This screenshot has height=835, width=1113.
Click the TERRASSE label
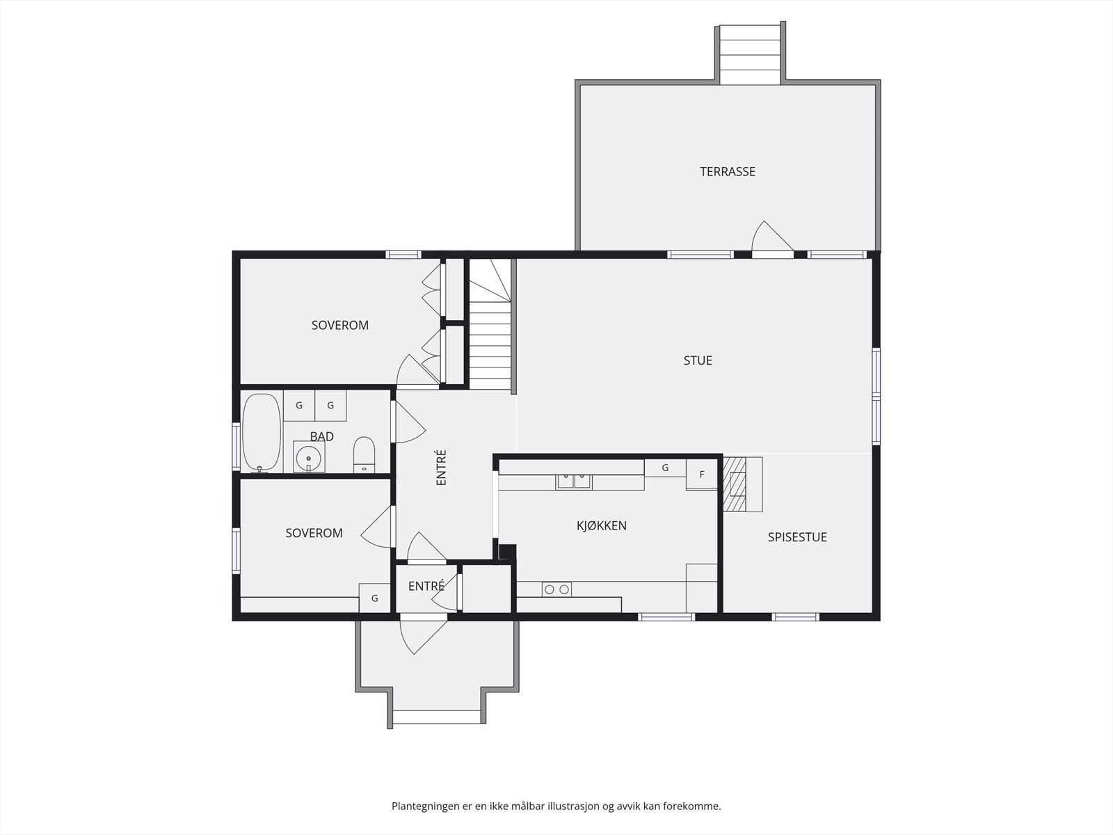[728, 172]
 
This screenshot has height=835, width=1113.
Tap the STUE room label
[698, 360]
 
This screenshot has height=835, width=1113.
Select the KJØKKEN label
[602, 526]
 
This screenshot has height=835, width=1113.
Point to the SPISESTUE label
[797, 537]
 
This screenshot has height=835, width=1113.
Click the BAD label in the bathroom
[322, 436]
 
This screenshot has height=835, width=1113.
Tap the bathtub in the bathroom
[262, 432]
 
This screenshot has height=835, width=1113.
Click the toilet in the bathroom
[364, 454]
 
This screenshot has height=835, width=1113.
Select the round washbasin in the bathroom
[309, 456]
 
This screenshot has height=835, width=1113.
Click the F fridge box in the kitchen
[702, 475]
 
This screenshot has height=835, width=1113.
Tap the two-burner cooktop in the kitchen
[556, 589]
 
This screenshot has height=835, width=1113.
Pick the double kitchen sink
[574, 481]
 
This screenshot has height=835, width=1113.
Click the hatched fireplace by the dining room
[734, 484]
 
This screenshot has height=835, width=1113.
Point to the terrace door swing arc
[771, 237]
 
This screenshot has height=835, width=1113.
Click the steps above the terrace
[749, 55]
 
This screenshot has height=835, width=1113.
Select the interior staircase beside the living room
[490, 324]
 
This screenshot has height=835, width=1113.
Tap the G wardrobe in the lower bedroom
[375, 598]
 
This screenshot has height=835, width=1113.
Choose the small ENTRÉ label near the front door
[426, 586]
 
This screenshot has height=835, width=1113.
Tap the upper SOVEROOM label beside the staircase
[339, 326]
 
